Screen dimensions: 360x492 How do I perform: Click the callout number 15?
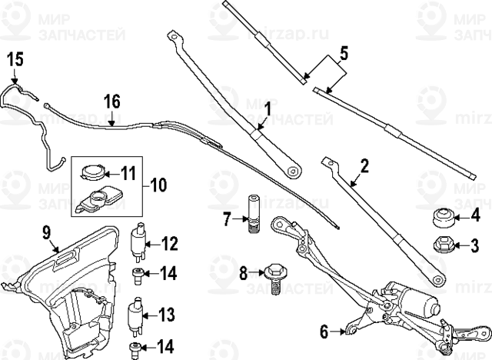pos(16,58)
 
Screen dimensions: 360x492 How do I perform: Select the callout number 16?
pos(111,101)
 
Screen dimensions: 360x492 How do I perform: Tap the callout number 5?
pos(344,53)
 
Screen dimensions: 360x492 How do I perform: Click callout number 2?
pos(364,165)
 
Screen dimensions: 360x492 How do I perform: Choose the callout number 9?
pos(45,230)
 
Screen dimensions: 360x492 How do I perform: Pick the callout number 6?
pos(324,332)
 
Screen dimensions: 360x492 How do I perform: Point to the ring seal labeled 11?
pos(95,172)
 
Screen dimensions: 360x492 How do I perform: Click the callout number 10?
pos(157,185)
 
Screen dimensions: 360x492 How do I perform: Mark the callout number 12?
pos(169,245)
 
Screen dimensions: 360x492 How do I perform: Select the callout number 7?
pos(227,219)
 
